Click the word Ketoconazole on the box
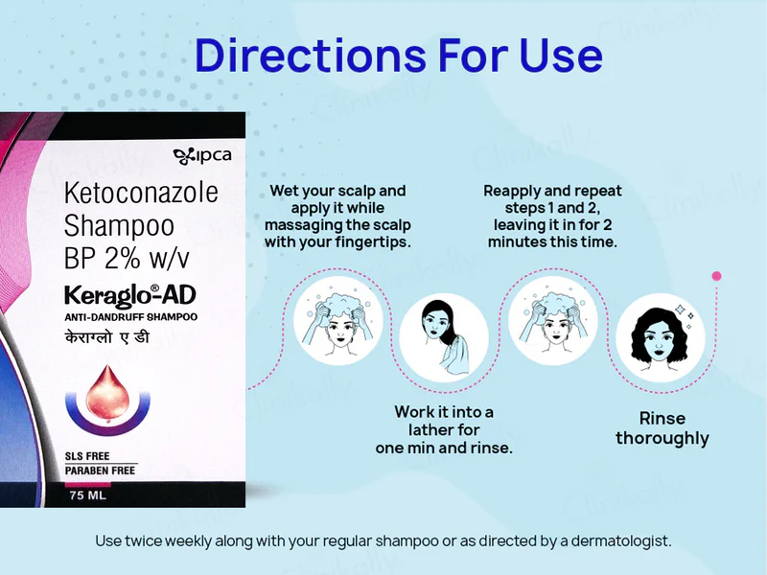tap(141, 193)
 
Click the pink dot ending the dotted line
tap(716, 276)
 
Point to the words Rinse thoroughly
tap(662, 428)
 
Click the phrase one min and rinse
tap(444, 448)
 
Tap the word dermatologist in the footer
tap(621, 540)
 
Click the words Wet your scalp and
tap(337, 191)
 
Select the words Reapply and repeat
tap(551, 191)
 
